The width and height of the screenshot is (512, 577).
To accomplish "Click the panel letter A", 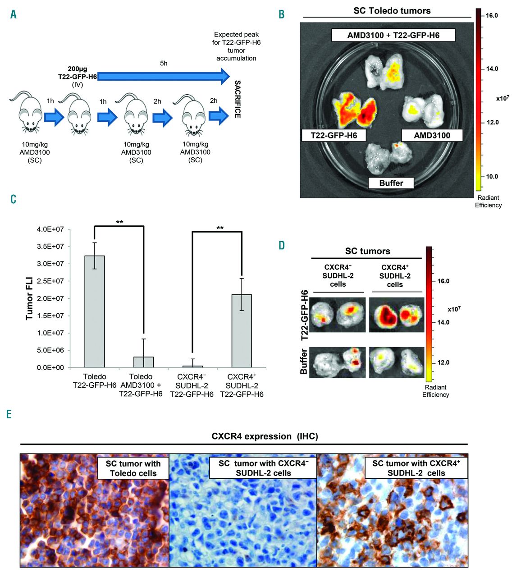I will click(13, 14).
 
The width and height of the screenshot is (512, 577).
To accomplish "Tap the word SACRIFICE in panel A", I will click(238, 99).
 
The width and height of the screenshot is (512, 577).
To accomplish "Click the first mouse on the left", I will click(25, 113).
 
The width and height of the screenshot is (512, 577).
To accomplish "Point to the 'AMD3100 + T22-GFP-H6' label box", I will click(393, 35).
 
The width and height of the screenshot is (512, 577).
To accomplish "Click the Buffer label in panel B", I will click(391, 183).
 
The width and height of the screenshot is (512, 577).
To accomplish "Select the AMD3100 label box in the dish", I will click(432, 135).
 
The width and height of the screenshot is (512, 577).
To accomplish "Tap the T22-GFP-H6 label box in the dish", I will click(334, 135).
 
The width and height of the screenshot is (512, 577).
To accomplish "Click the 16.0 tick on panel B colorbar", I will click(491, 15).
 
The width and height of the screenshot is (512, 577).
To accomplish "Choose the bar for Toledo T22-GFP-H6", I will click(95, 311).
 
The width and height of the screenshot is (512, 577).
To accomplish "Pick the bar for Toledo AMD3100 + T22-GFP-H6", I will click(144, 362).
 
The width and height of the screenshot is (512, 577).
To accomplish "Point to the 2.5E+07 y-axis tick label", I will click(50, 281).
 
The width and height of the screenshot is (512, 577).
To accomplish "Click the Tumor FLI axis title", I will click(30, 298).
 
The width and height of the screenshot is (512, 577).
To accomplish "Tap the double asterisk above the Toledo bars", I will click(119, 222).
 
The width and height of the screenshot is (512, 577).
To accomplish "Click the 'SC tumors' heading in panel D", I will click(367, 251).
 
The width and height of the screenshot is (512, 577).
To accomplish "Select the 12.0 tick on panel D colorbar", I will click(443, 362).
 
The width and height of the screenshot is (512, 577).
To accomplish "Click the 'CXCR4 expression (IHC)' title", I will click(265, 436).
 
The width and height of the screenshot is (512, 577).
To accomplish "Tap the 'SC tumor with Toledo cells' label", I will click(133, 468).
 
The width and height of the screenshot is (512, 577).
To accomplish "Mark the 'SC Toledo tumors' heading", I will click(392, 11).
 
